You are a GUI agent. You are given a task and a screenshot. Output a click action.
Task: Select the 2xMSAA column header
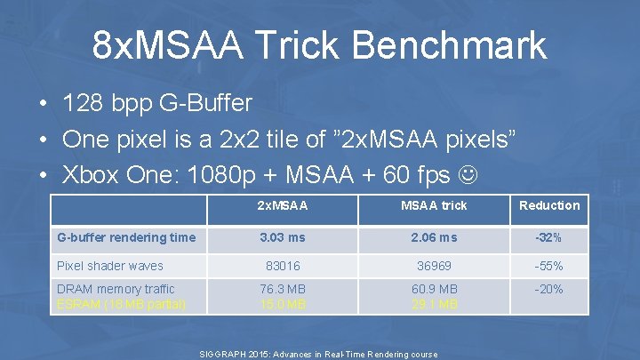point(282,205)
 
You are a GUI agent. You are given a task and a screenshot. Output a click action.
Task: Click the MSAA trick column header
point(434,205)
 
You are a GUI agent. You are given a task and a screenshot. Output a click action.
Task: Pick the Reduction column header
point(548,205)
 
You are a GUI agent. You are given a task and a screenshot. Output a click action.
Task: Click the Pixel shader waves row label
point(109,265)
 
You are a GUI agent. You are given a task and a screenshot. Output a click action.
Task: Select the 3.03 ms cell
point(282,237)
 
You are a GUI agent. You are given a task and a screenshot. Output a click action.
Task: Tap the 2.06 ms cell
point(434,237)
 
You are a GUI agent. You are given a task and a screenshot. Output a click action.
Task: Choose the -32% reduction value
point(548,237)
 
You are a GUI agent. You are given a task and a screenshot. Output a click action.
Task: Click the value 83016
point(282,266)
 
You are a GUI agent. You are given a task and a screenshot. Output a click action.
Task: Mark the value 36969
point(434,266)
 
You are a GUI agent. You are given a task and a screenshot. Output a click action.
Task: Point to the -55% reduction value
point(548,266)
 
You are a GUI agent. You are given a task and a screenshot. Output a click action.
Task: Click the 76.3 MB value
point(284,289)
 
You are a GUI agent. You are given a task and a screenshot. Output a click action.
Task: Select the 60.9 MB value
point(434,289)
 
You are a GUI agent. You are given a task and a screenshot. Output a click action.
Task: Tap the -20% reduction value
point(548,289)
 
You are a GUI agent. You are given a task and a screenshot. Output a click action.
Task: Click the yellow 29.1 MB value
point(434,304)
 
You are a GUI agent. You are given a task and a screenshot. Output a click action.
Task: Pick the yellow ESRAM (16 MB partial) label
point(121,304)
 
